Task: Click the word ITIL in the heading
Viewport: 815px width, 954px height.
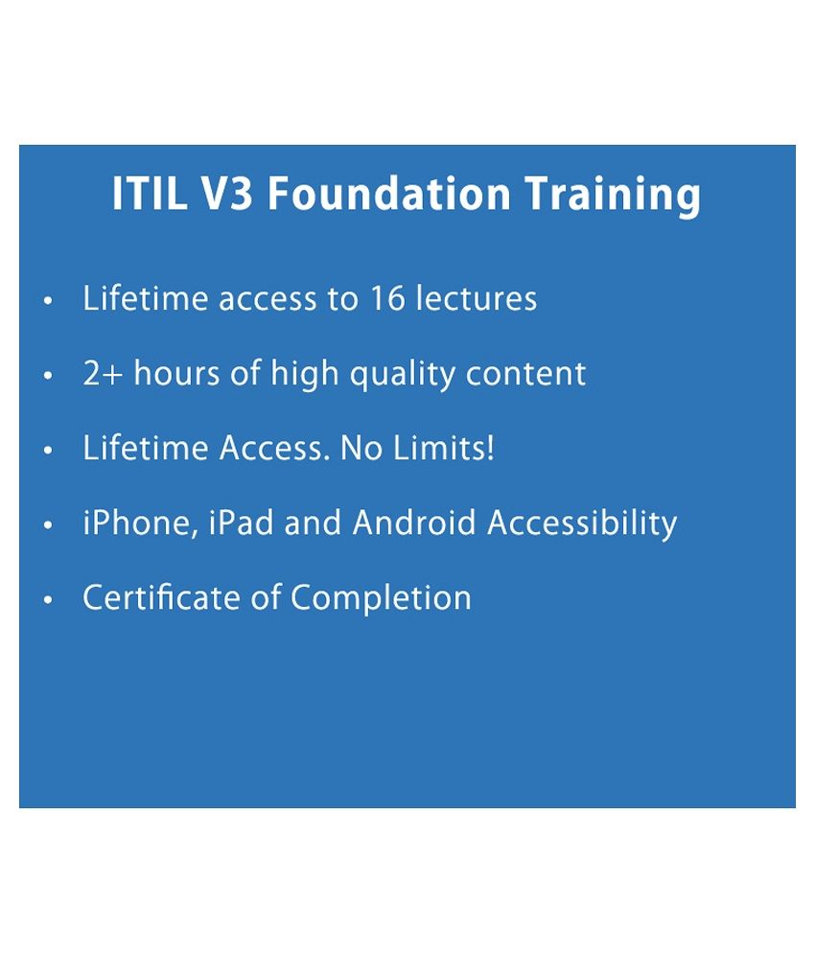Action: [x=150, y=194]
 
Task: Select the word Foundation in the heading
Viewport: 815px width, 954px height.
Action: [x=389, y=194]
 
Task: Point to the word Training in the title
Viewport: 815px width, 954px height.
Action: [x=614, y=196]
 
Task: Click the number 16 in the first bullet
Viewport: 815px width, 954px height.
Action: [x=387, y=299]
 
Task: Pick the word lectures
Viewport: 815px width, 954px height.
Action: [x=477, y=297]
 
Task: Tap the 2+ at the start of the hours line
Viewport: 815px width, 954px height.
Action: [x=103, y=373]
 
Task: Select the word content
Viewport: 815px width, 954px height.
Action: [x=525, y=374]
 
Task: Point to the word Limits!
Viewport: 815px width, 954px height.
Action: [x=443, y=448]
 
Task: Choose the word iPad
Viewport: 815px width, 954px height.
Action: [x=241, y=523]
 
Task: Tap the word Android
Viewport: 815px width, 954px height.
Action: [x=414, y=523]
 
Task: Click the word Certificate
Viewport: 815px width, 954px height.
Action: [x=161, y=597]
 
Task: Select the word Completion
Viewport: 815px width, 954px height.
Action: [x=381, y=598]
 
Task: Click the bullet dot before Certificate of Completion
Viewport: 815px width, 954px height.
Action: [x=49, y=600]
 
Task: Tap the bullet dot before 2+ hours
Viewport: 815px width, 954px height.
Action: [x=49, y=376]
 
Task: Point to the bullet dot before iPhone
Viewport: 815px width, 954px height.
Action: [x=49, y=525]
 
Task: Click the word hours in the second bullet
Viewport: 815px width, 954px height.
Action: [x=176, y=372]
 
